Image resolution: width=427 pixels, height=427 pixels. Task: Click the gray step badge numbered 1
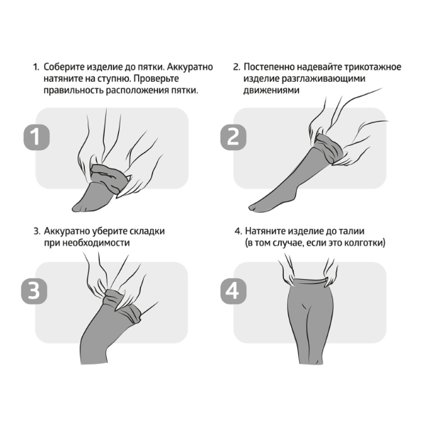pos(36,137)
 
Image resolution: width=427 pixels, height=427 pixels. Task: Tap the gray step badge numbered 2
pos(233,137)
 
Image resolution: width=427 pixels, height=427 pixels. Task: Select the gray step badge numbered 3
pos(34,291)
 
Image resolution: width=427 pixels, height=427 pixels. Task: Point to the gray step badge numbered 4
pos(233,291)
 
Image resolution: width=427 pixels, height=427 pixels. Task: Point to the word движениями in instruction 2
pos(271,90)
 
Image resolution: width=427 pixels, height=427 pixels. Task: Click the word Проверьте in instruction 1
pos(157,78)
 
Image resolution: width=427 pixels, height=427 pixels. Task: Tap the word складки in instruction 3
pos(147,231)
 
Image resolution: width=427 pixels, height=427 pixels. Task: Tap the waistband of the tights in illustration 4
pos(310,281)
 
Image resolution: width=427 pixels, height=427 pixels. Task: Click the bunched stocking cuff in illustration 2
pos(328,148)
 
